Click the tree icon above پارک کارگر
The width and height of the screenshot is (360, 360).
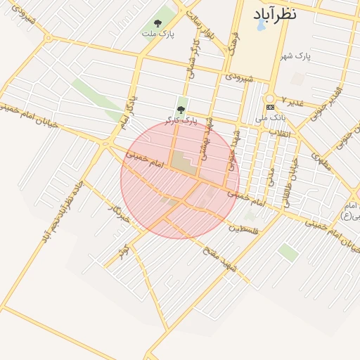(181, 109)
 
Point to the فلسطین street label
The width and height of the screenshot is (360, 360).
(244, 228)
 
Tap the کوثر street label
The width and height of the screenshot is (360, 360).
(126, 250)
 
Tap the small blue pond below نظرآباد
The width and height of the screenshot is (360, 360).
(261, 25)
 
